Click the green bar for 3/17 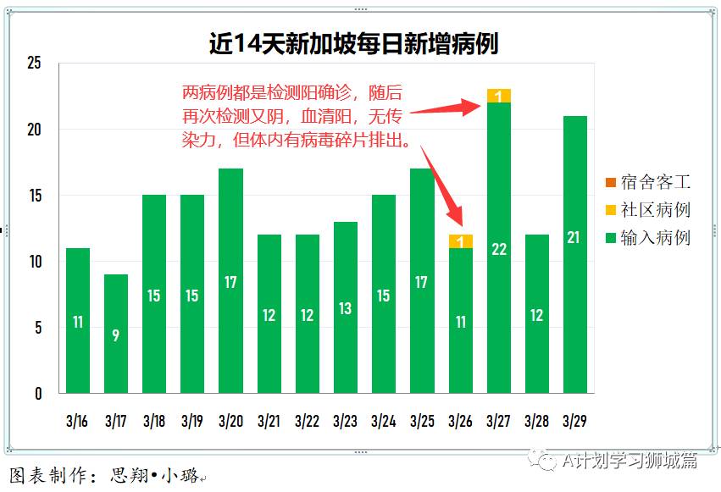pos(116,334)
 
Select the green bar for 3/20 pos(230,280)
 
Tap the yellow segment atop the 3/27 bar pos(499,96)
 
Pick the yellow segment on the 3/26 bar pos(460,241)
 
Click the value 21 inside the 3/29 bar pos(574,237)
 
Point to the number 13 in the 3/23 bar pos(345,308)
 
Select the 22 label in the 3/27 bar pos(499,249)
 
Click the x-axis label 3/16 pos(78,420)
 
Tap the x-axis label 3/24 pos(383,420)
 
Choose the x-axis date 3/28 pos(536,420)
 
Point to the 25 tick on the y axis pos(34,64)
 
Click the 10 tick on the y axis pos(34,262)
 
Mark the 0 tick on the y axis pos(38,394)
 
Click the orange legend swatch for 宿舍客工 pos(611,182)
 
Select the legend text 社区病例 pos(655,210)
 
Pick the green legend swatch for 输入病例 pos(611,238)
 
